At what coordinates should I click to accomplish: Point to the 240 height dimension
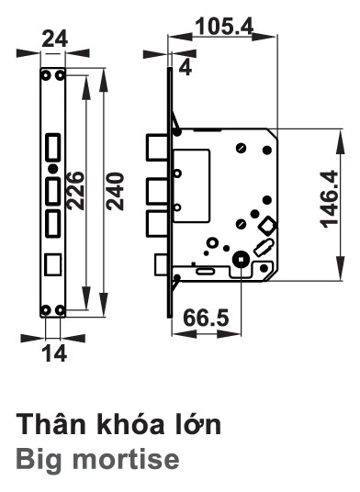coord(115,191)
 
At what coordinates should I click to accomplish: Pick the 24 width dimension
coord(54,39)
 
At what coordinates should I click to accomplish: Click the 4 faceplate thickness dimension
coord(186,67)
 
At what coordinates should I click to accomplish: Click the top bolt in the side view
coord(156,147)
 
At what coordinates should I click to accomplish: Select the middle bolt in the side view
coord(156,191)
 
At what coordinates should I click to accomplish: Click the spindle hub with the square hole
coord(241,260)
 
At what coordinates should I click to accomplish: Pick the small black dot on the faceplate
coord(53,169)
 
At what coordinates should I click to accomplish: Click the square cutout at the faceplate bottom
coord(53,263)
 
